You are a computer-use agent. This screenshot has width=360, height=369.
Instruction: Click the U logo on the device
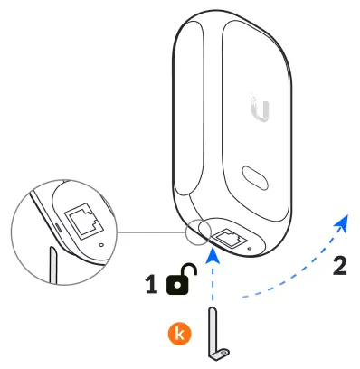(x=261, y=112)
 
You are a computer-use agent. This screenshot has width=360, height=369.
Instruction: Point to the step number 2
(x=339, y=267)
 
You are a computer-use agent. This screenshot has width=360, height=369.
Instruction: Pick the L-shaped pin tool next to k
(x=217, y=336)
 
